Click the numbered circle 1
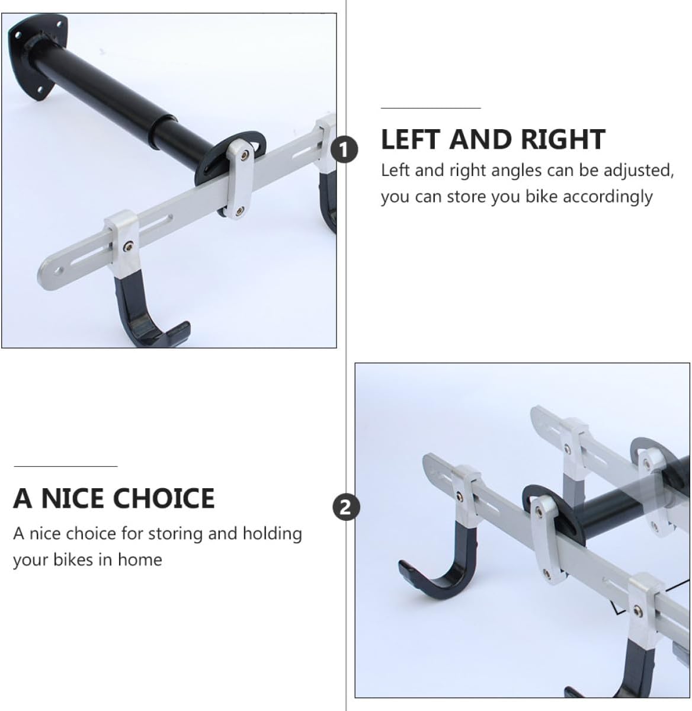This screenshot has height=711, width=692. click(345, 149)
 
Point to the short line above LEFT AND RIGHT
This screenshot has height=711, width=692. click(430, 108)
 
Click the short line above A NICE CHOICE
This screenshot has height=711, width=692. click(65, 466)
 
